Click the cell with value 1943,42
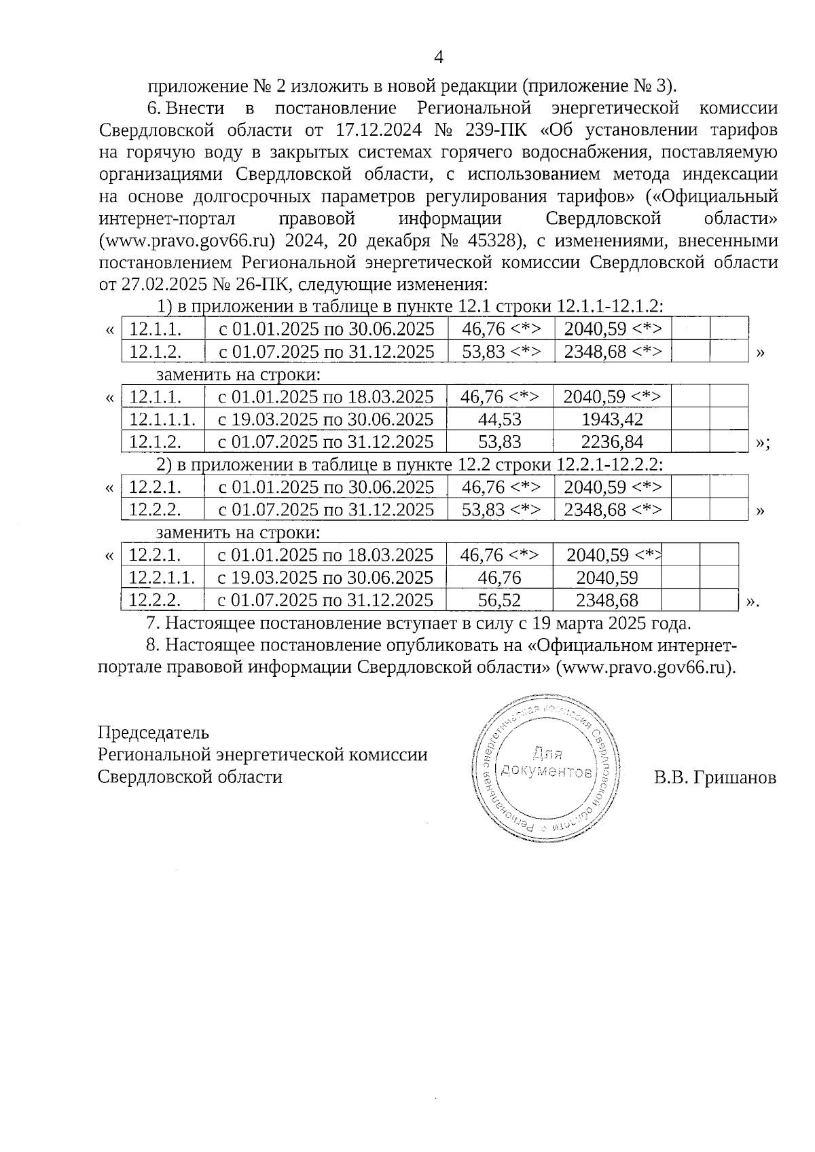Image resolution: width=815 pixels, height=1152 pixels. point(612,420)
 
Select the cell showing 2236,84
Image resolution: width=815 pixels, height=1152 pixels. point(612,442)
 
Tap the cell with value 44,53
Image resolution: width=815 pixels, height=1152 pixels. point(500,420)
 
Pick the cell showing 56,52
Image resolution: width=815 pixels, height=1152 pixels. point(500,600)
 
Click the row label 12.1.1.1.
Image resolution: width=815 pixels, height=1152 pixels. point(162,420)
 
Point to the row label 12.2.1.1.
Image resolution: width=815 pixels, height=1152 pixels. point(162,578)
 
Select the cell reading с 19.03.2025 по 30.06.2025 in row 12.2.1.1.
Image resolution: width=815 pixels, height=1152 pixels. point(325,578)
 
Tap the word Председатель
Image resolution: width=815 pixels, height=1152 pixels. point(153,733)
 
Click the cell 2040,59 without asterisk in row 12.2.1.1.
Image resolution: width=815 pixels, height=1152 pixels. point(606,578)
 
